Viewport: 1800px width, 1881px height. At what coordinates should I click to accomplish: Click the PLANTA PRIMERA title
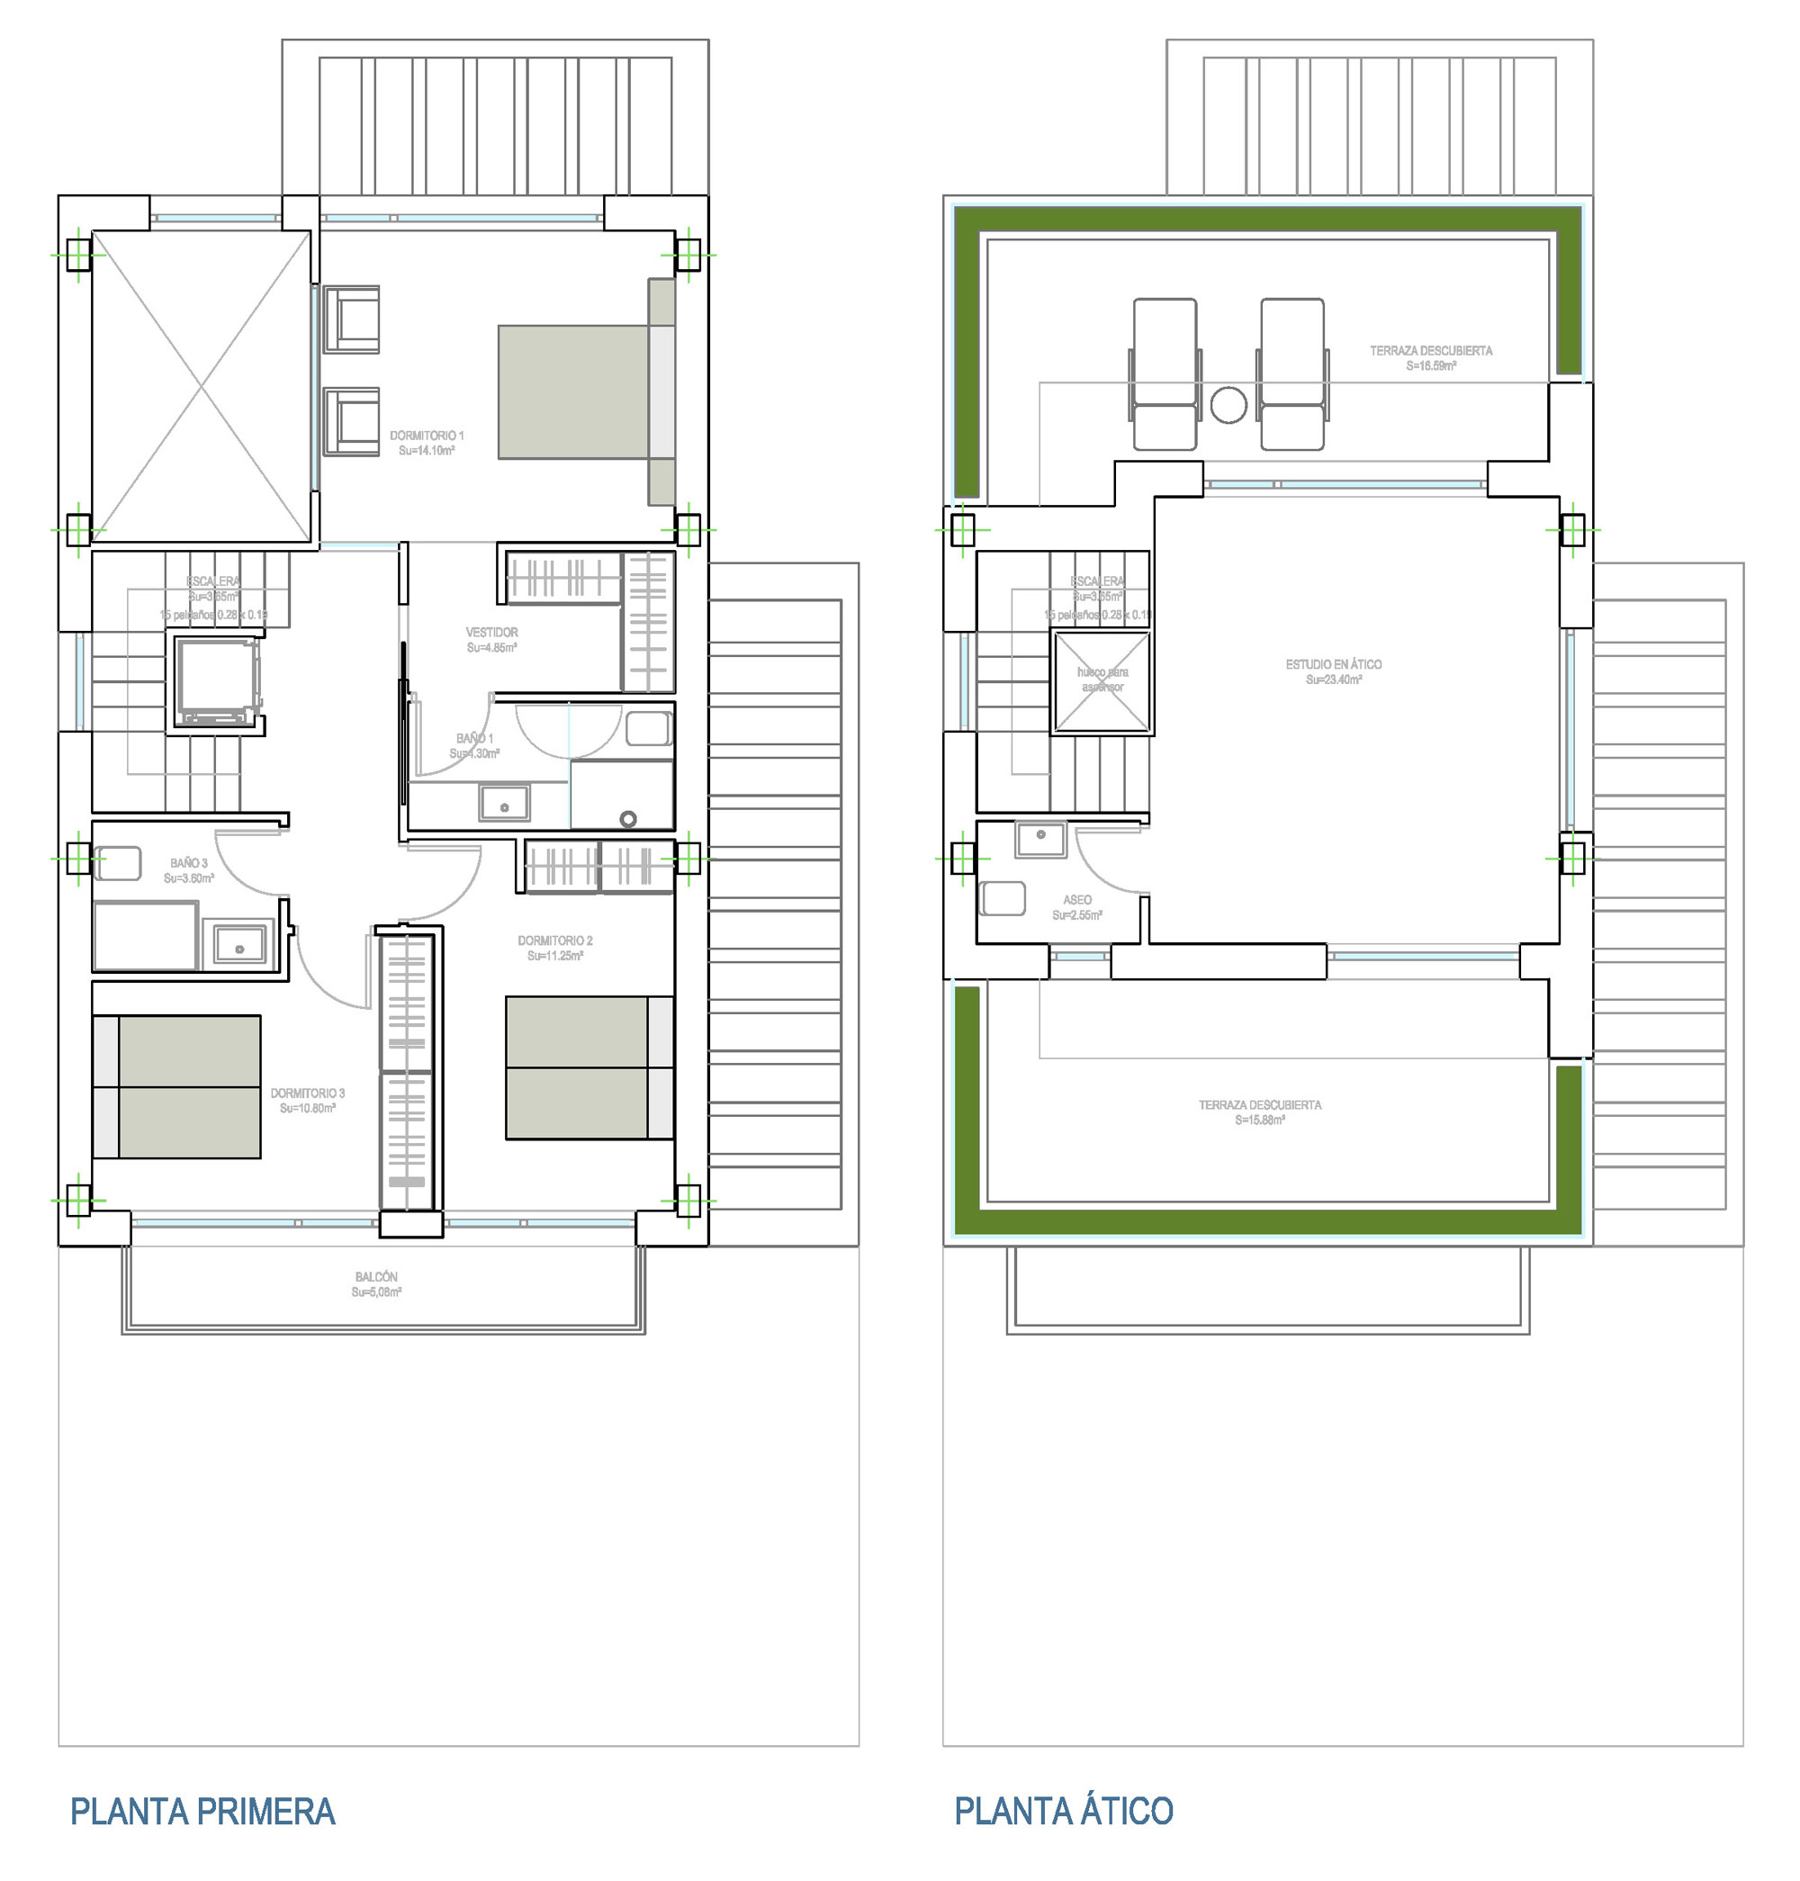click(202, 1811)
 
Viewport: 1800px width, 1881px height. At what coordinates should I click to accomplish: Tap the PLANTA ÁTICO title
click(1063, 1811)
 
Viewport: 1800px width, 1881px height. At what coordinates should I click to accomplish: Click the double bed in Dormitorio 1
click(574, 391)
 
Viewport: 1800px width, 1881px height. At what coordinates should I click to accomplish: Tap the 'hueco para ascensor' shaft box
click(1102, 682)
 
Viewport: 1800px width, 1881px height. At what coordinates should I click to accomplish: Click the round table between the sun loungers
click(1228, 405)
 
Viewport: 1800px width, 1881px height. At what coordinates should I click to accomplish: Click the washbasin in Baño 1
click(504, 804)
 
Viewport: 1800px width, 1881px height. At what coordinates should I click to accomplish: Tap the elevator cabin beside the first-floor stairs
click(217, 681)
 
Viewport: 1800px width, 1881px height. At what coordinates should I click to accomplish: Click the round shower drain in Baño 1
click(628, 819)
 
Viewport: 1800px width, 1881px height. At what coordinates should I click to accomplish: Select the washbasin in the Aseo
click(1040, 838)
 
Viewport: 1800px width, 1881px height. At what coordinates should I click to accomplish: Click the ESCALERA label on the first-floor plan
click(213, 581)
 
